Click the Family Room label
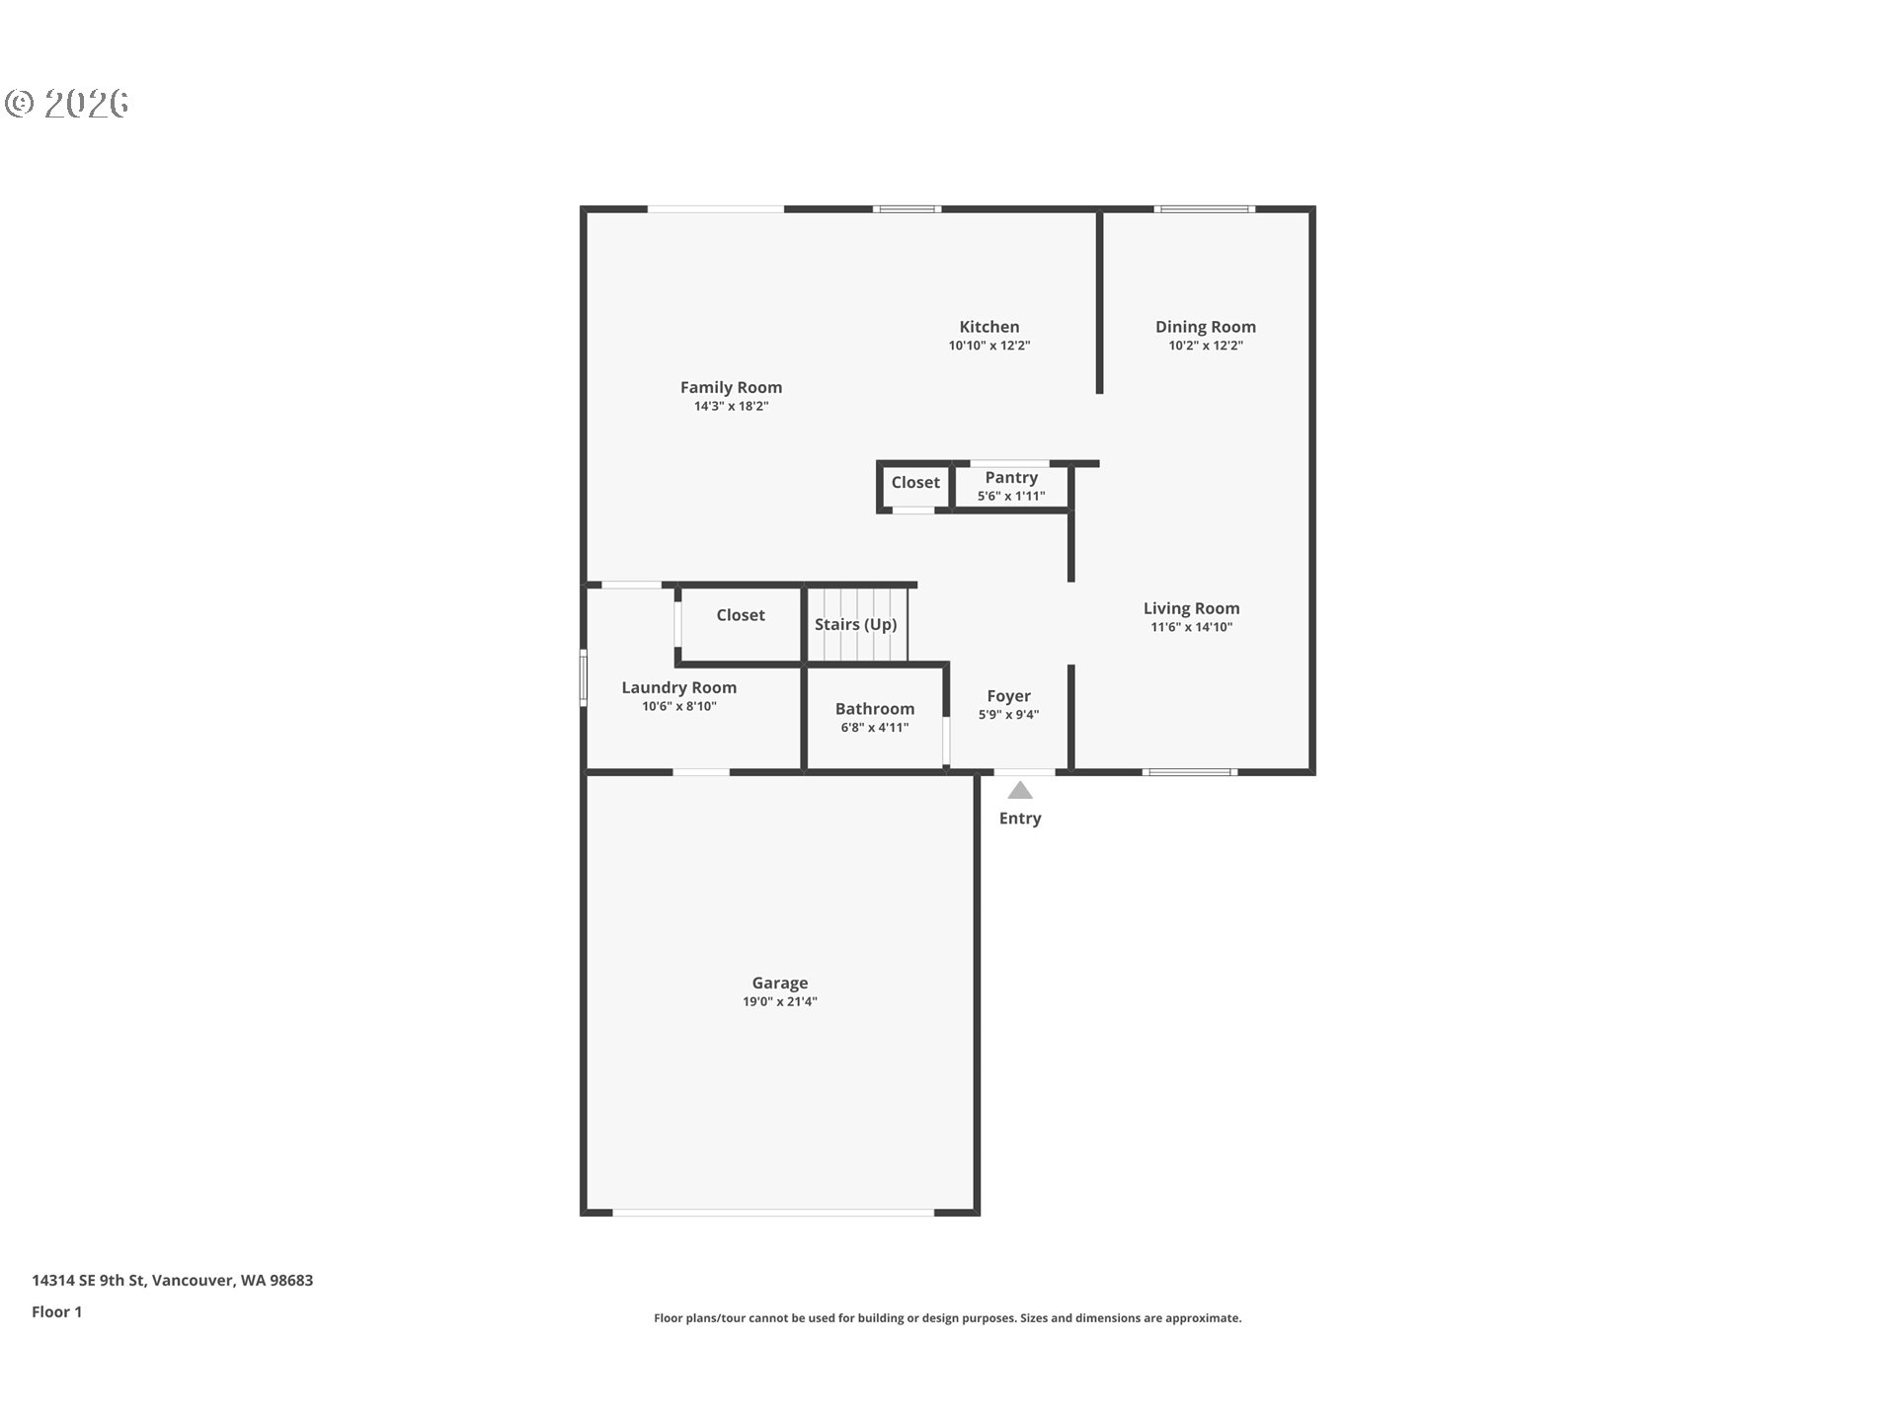coord(731,387)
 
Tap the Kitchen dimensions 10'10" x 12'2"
coord(988,346)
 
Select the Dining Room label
coord(1205,327)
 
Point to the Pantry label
coord(1010,478)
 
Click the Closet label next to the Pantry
coord(914,483)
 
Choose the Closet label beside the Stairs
coord(740,615)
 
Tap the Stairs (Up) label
coord(855,624)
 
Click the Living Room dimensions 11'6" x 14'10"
coord(1191,627)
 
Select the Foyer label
coord(1008,696)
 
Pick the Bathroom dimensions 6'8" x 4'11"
coord(874,728)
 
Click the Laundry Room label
coord(678,688)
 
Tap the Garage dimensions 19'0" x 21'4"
coord(779,1001)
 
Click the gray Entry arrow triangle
coord(1020,791)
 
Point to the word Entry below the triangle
coord(1019,819)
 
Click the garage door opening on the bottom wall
coord(772,1211)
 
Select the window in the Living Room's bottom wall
coord(1189,771)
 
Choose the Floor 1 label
coord(56,1311)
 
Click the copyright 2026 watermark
coord(67,104)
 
